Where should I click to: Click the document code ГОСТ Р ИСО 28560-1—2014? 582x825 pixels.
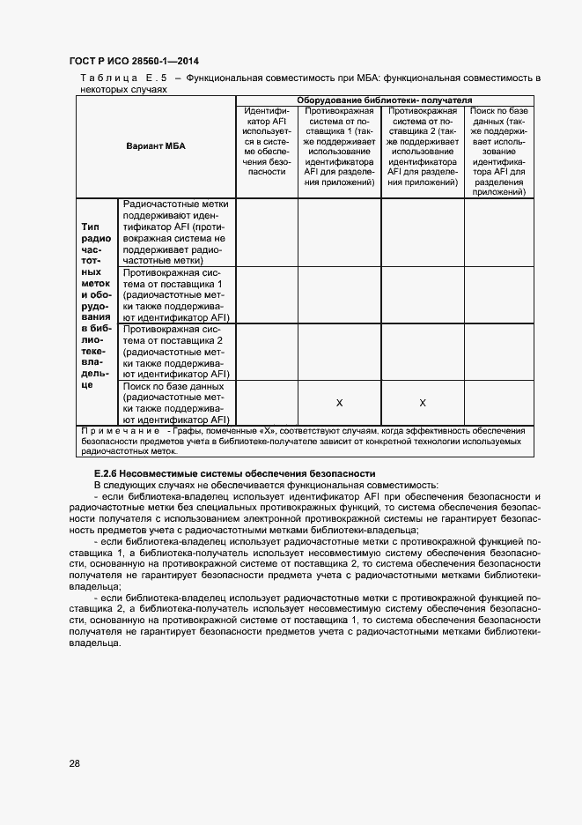[133, 62]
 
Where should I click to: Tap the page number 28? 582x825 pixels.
[75, 763]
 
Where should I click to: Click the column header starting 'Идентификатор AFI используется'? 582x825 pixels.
[267, 141]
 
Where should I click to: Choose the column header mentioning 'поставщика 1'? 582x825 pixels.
[339, 146]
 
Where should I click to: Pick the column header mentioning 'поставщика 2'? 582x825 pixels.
[422, 146]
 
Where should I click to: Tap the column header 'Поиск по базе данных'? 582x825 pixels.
[498, 151]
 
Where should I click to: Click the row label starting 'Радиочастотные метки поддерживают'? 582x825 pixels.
[176, 232]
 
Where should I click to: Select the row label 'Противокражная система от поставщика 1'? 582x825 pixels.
[176, 295]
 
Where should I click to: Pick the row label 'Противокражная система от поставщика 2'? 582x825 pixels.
[176, 352]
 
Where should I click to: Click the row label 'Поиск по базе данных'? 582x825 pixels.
[176, 403]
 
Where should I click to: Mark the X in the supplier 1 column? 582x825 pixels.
[339, 403]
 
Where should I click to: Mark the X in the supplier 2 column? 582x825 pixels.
[422, 403]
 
